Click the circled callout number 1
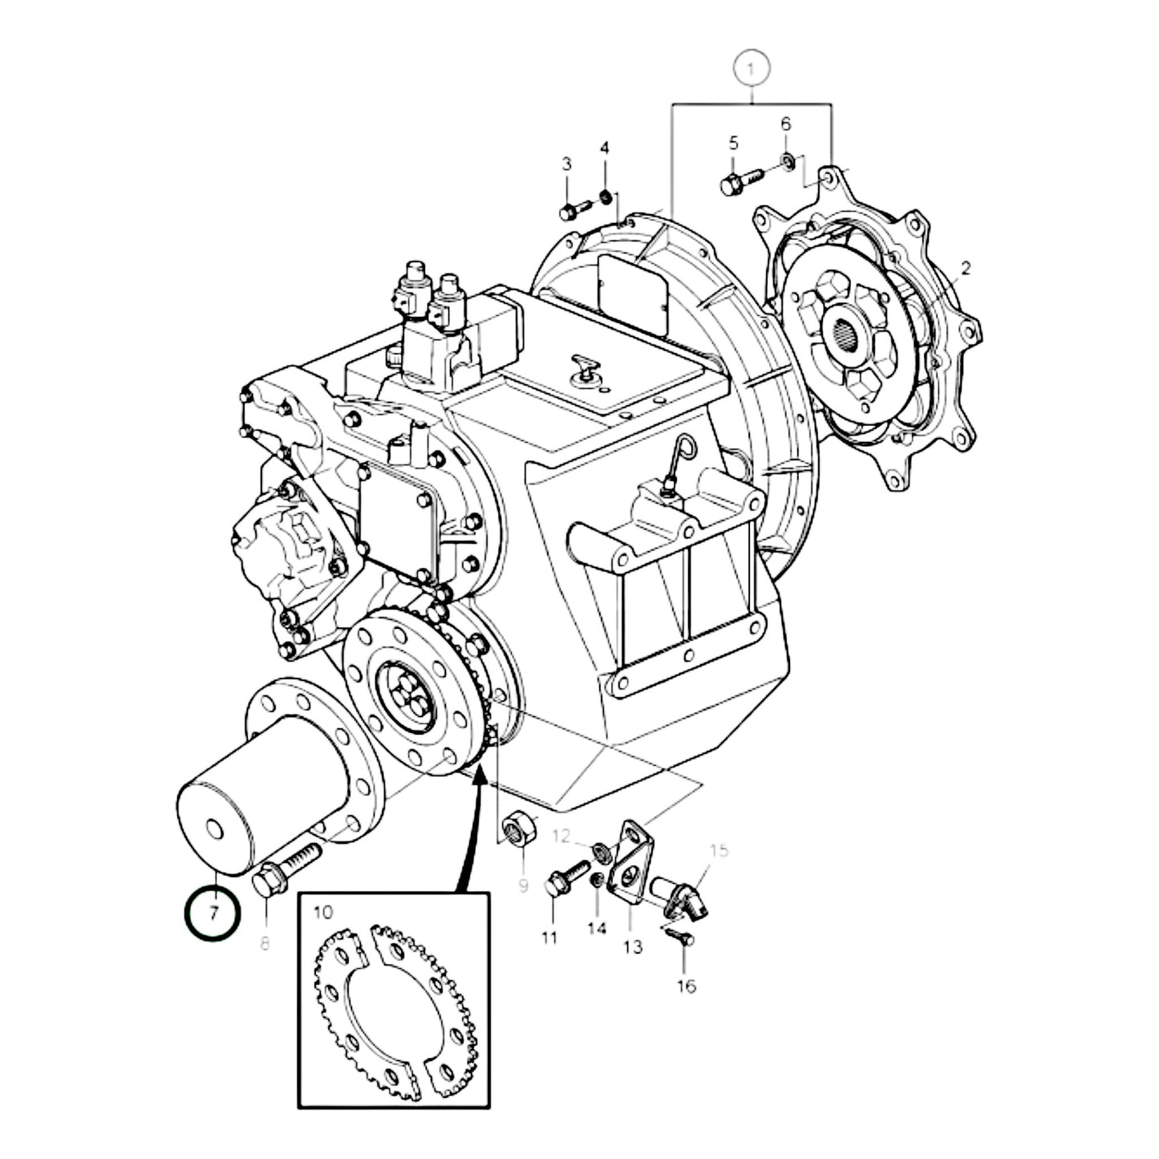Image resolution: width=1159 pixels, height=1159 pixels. tap(751, 71)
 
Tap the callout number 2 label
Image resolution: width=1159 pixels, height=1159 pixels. tap(966, 268)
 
